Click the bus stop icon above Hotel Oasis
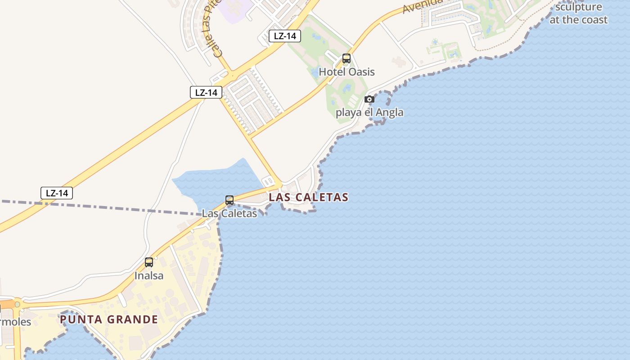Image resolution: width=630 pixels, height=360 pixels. coord(346,58)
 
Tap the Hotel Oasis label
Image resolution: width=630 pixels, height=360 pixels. coord(346,72)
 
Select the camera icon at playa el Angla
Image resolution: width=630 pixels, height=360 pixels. coord(369,99)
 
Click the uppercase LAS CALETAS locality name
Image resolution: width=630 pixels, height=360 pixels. coord(308,197)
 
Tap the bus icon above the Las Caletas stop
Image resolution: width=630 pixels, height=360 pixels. coord(229,200)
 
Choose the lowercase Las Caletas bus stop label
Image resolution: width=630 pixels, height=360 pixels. coord(229,213)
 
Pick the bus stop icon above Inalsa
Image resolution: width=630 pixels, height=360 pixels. coord(149,262)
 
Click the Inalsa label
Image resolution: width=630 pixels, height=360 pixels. coord(149,275)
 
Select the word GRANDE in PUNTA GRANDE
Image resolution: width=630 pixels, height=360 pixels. coord(134,319)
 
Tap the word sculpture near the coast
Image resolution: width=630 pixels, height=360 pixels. coord(578,7)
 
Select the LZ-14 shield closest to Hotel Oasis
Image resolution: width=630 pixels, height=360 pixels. coord(284,36)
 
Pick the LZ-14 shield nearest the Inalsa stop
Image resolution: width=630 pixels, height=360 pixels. coord(57,193)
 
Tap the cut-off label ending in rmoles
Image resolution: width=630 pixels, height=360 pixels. coord(15,322)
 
